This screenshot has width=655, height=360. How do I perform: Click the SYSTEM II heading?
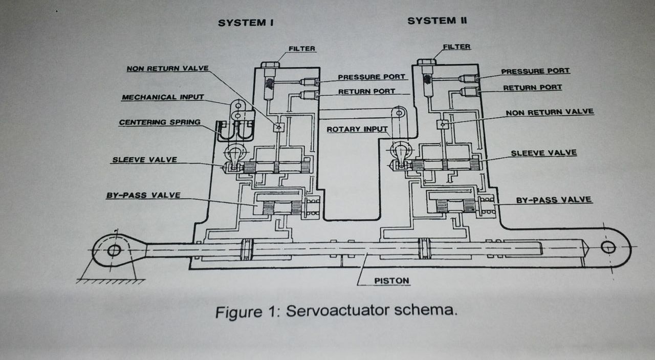pyautogui.click(x=437, y=20)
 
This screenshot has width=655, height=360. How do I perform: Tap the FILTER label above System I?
pyautogui.click(x=302, y=49)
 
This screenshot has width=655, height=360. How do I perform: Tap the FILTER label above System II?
pyautogui.click(x=456, y=47)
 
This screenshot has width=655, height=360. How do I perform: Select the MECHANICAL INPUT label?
pyautogui.click(x=163, y=97)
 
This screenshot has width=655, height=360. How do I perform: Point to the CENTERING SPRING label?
pyautogui.click(x=160, y=122)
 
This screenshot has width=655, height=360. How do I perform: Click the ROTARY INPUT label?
pyautogui.click(x=357, y=129)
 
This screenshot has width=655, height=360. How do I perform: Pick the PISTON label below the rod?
pyautogui.click(x=391, y=281)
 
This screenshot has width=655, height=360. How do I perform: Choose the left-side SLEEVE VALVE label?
pyautogui.click(x=144, y=160)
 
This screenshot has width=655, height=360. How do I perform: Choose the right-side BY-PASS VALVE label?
pyautogui.click(x=554, y=200)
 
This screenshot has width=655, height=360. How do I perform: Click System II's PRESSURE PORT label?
pyautogui.click(x=535, y=71)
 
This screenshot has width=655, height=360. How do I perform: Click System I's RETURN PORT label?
pyautogui.click(x=366, y=91)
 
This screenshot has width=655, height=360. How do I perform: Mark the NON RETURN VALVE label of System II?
pyautogui.click(x=550, y=112)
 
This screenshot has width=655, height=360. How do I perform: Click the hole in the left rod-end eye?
pyautogui.click(x=114, y=250)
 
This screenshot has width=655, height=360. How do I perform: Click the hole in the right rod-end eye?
pyautogui.click(x=608, y=247)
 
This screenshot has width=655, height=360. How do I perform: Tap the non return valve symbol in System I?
pyautogui.click(x=278, y=127)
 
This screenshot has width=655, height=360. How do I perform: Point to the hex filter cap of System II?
pyautogui.click(x=426, y=62)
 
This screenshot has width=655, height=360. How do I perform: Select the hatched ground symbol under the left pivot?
pyautogui.click(x=111, y=281)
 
